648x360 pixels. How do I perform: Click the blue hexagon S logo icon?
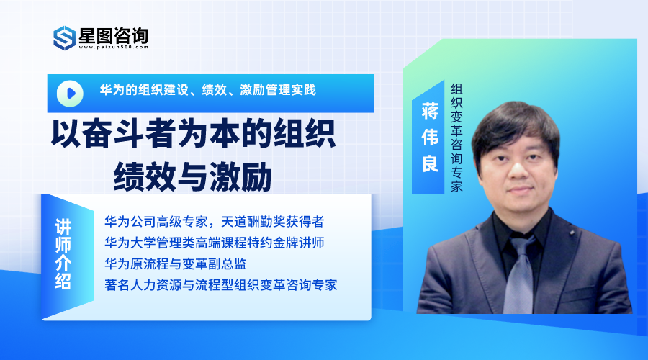tap(65, 38)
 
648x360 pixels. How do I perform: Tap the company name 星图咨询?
tap(114, 35)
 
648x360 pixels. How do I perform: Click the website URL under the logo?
tap(113, 47)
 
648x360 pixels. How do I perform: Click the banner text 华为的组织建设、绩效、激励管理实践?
tap(208, 90)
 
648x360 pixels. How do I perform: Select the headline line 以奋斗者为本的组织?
tap(193, 134)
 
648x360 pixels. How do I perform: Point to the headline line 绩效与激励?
tap(192, 176)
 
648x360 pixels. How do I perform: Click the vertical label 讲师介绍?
tap(63, 253)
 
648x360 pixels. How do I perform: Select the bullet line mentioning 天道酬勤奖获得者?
tap(214, 222)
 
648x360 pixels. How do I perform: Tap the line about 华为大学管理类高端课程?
tap(214, 243)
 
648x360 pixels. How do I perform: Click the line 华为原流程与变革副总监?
tap(176, 264)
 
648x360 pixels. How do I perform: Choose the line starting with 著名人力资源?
tap(221, 285)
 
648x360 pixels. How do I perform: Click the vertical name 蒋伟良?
tap(430, 138)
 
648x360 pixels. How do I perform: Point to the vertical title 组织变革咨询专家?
tap(456, 138)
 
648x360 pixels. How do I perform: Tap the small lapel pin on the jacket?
tap(572, 233)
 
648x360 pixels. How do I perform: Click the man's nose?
tap(518, 168)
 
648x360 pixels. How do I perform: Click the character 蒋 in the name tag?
tap(430, 111)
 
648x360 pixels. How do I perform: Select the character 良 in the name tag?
tap(430, 163)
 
